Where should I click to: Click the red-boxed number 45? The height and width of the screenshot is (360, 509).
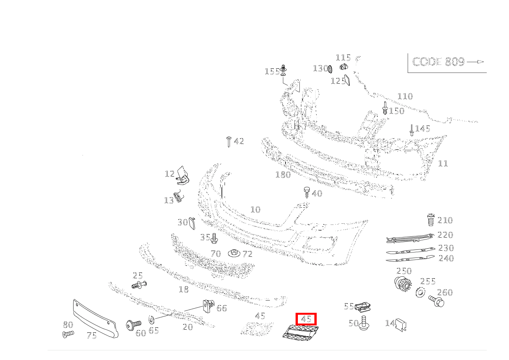(306, 319)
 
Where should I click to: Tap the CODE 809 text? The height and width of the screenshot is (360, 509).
(438, 62)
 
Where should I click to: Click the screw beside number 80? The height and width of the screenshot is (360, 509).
(68, 334)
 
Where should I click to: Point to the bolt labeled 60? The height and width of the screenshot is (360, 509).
(131, 325)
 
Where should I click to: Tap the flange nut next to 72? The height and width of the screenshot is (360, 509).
(234, 253)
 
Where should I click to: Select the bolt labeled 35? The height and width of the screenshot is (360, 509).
(214, 238)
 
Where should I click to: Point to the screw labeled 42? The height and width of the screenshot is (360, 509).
(229, 141)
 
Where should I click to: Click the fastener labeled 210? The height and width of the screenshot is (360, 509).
(431, 220)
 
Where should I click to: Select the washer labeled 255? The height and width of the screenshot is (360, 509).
(420, 292)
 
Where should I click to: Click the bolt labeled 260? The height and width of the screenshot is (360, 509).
(436, 301)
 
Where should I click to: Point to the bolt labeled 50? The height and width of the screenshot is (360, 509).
(364, 323)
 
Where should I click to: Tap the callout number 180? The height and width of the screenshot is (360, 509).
(283, 175)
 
